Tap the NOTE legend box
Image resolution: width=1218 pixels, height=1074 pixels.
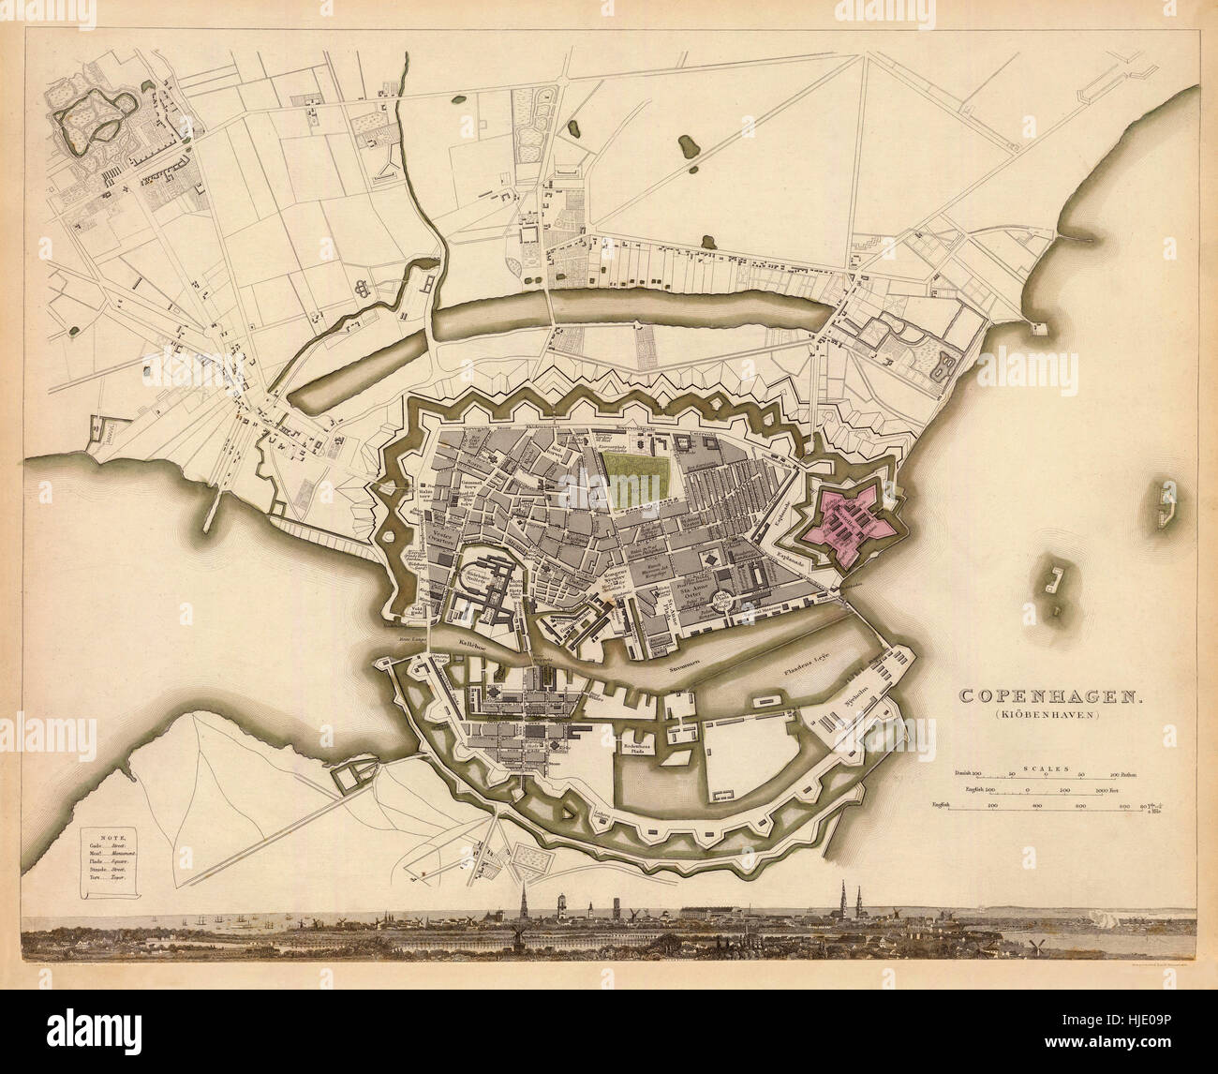pyautogui.click(x=108, y=863)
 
